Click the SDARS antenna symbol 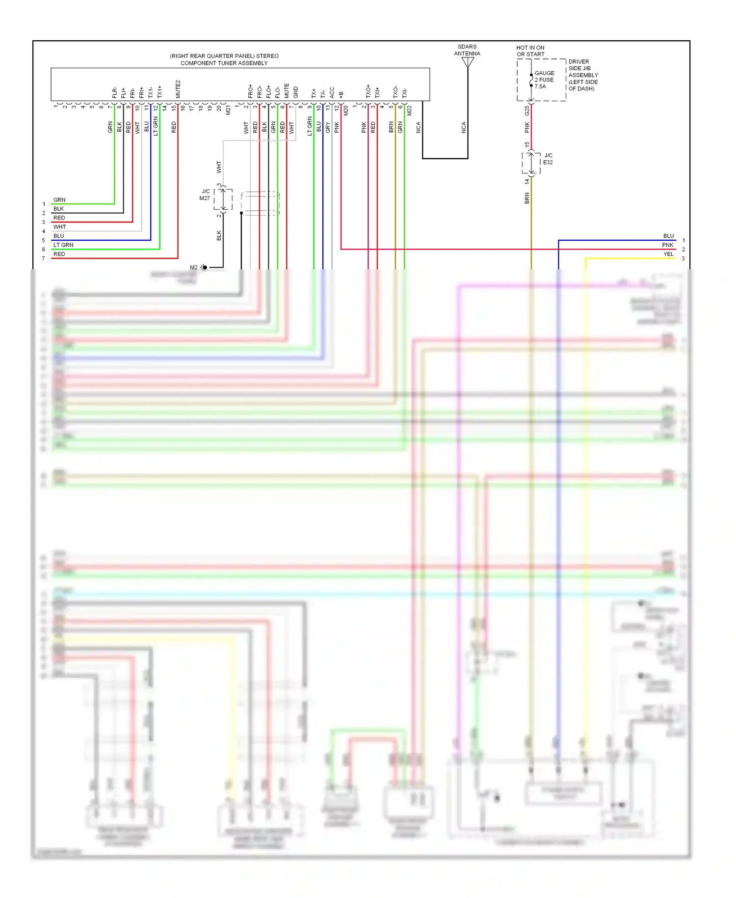(468, 62)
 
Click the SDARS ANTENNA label (467, 50)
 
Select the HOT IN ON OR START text (530, 51)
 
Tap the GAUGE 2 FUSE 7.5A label (544, 80)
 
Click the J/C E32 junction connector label (548, 159)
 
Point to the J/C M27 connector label (205, 195)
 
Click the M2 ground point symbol (204, 267)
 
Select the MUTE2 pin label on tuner (178, 89)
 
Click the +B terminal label (341, 94)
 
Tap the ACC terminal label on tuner (332, 92)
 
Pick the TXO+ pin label (368, 91)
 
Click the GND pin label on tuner (296, 92)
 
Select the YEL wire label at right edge (668, 254)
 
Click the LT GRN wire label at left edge (63, 245)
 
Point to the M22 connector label (409, 111)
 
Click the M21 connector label (228, 111)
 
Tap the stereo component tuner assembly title (224, 59)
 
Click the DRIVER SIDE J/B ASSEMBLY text (583, 75)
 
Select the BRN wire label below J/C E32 (527, 198)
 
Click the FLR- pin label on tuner (114, 92)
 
